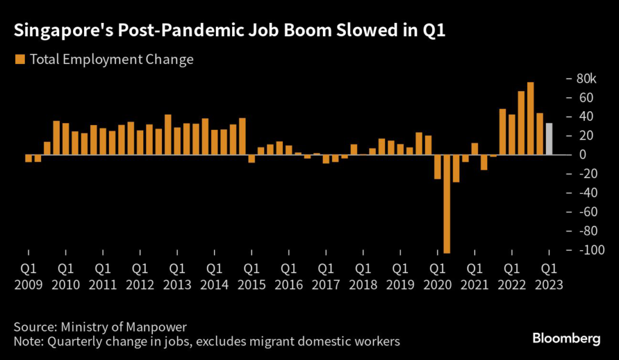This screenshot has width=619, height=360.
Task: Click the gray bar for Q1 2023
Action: coord(549,139)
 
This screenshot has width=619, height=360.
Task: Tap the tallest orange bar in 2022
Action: coord(530,118)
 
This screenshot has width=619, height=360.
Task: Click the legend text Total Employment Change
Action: coord(111,59)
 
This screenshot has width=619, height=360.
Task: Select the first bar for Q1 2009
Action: coord(28,159)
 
